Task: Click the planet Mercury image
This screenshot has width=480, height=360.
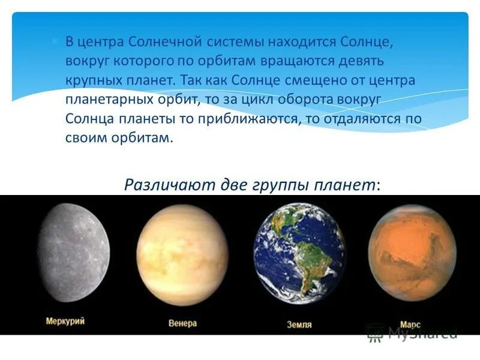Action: pyautogui.click(x=73, y=252)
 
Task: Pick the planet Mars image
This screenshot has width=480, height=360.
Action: pyautogui.click(x=412, y=253)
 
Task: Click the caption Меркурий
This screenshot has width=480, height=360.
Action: pyautogui.click(x=65, y=321)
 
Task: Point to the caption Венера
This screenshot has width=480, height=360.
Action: pyautogui.click(x=182, y=323)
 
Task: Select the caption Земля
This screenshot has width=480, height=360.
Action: pyautogui.click(x=298, y=325)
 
